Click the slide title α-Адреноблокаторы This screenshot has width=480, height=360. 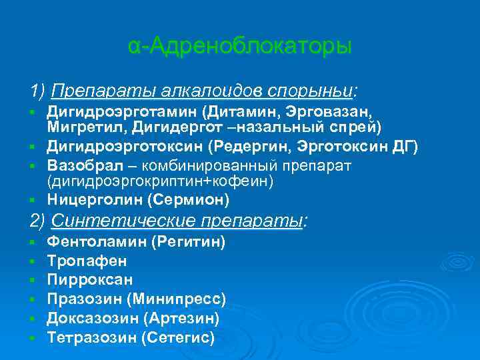(x=239, y=47)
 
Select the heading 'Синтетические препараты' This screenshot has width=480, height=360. (x=176, y=221)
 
